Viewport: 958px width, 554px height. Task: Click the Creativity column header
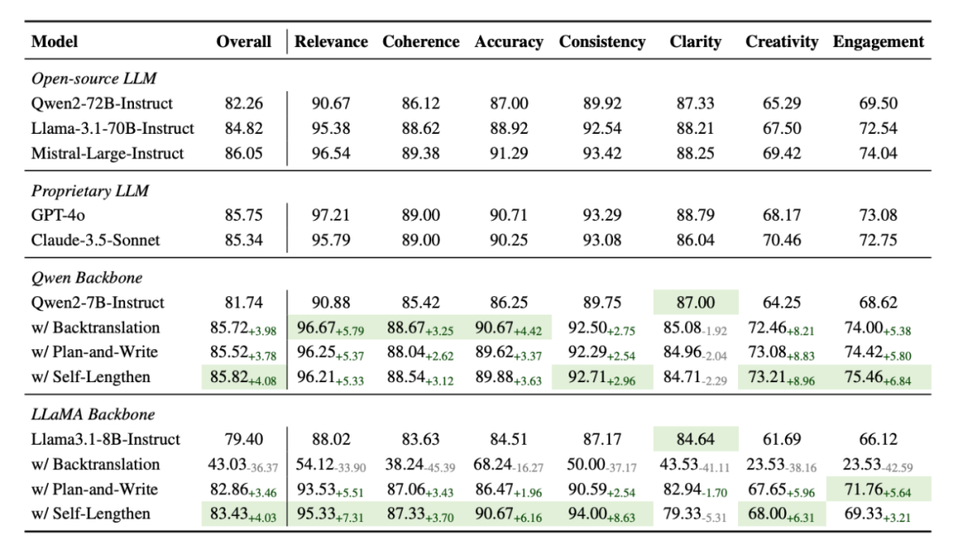click(x=781, y=42)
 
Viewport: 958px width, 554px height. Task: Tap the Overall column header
click(x=244, y=42)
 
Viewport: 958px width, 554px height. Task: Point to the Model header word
click(x=55, y=42)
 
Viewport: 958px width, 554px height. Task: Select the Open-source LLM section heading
click(x=94, y=79)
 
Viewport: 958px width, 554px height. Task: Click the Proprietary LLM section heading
click(x=90, y=191)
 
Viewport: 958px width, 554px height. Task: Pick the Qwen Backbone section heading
click(x=86, y=277)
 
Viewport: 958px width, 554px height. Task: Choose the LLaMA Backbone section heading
click(x=93, y=414)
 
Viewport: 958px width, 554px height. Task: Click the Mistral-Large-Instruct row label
click(x=107, y=153)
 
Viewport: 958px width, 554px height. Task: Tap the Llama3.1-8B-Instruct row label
click(x=106, y=439)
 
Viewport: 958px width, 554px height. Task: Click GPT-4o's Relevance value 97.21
click(x=331, y=215)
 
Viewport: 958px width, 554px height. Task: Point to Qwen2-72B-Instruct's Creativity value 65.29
click(x=781, y=104)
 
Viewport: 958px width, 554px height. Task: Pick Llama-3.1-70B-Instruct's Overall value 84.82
click(x=244, y=129)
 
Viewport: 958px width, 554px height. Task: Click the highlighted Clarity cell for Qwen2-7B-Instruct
click(x=695, y=302)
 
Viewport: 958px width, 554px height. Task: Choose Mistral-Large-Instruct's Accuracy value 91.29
click(x=508, y=153)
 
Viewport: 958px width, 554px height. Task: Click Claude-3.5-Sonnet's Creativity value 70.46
click(x=781, y=239)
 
